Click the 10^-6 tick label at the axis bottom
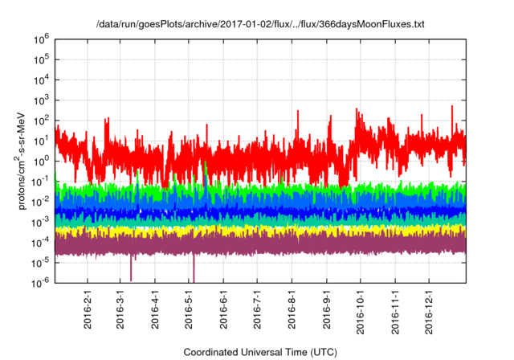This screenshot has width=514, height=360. (41, 282)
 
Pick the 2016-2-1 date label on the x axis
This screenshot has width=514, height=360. (87, 307)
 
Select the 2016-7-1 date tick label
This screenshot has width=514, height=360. (259, 307)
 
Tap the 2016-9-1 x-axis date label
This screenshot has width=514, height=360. (328, 307)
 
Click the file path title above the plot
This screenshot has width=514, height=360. (259, 24)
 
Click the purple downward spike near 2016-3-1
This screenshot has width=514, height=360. (132, 269)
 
